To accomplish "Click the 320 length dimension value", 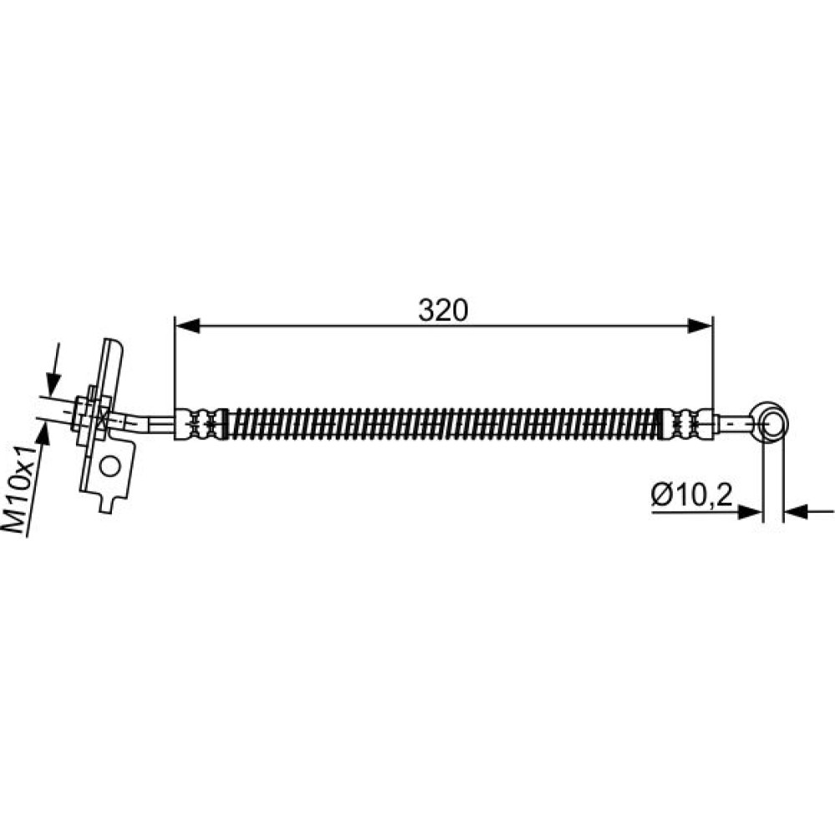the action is point(443,311).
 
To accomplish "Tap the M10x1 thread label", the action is point(20,490).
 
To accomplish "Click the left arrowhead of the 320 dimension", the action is point(187,326).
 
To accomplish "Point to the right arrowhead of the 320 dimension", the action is point(700,326).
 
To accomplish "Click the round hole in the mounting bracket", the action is point(110,467).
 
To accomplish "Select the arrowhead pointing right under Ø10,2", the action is point(750,513).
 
